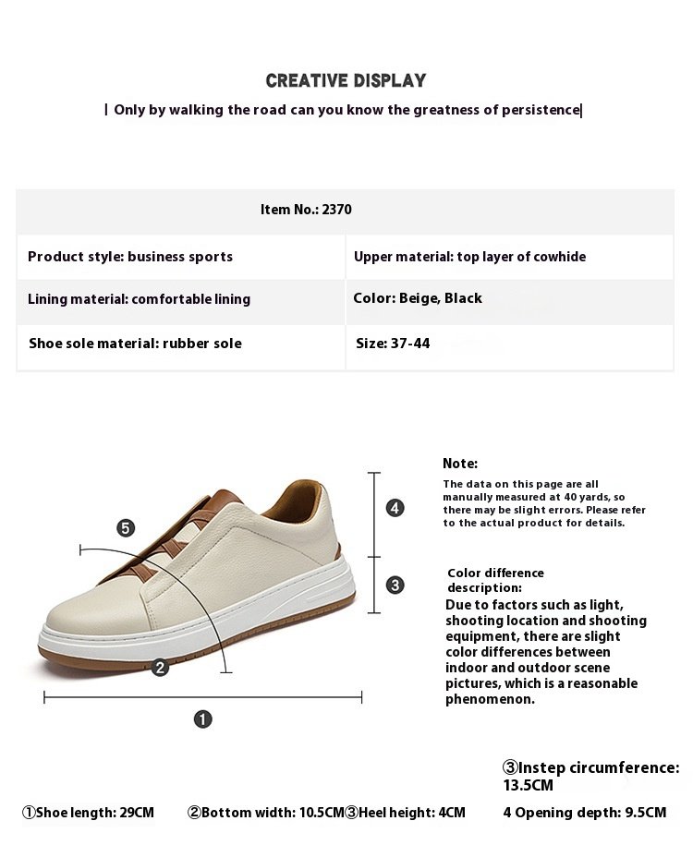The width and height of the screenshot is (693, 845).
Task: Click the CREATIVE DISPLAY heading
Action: click(346, 81)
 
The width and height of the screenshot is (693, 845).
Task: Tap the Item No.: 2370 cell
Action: click(306, 210)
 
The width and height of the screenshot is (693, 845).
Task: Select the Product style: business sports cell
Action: click(130, 257)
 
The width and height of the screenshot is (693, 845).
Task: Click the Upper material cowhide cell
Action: click(469, 257)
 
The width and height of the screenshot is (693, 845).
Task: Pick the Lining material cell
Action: click(139, 299)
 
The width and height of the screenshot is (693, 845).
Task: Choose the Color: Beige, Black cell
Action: click(418, 298)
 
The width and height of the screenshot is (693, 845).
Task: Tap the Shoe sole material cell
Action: click(135, 344)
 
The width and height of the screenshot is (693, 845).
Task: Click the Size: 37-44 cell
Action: click(393, 344)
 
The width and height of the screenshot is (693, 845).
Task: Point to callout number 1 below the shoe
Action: click(202, 718)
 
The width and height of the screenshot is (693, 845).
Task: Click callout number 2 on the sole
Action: click(160, 667)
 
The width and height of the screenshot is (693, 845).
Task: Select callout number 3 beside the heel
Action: click(395, 585)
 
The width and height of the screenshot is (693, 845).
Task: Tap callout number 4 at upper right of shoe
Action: click(395, 508)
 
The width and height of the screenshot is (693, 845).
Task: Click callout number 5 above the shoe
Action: click(126, 528)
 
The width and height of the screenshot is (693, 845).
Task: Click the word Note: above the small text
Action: click(460, 464)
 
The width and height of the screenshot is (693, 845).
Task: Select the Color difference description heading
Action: click(495, 580)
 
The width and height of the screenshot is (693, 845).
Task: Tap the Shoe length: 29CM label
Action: click(89, 813)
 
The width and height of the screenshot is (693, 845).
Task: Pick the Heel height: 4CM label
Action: click(406, 813)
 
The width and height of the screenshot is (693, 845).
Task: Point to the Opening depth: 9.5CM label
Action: click(584, 813)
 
